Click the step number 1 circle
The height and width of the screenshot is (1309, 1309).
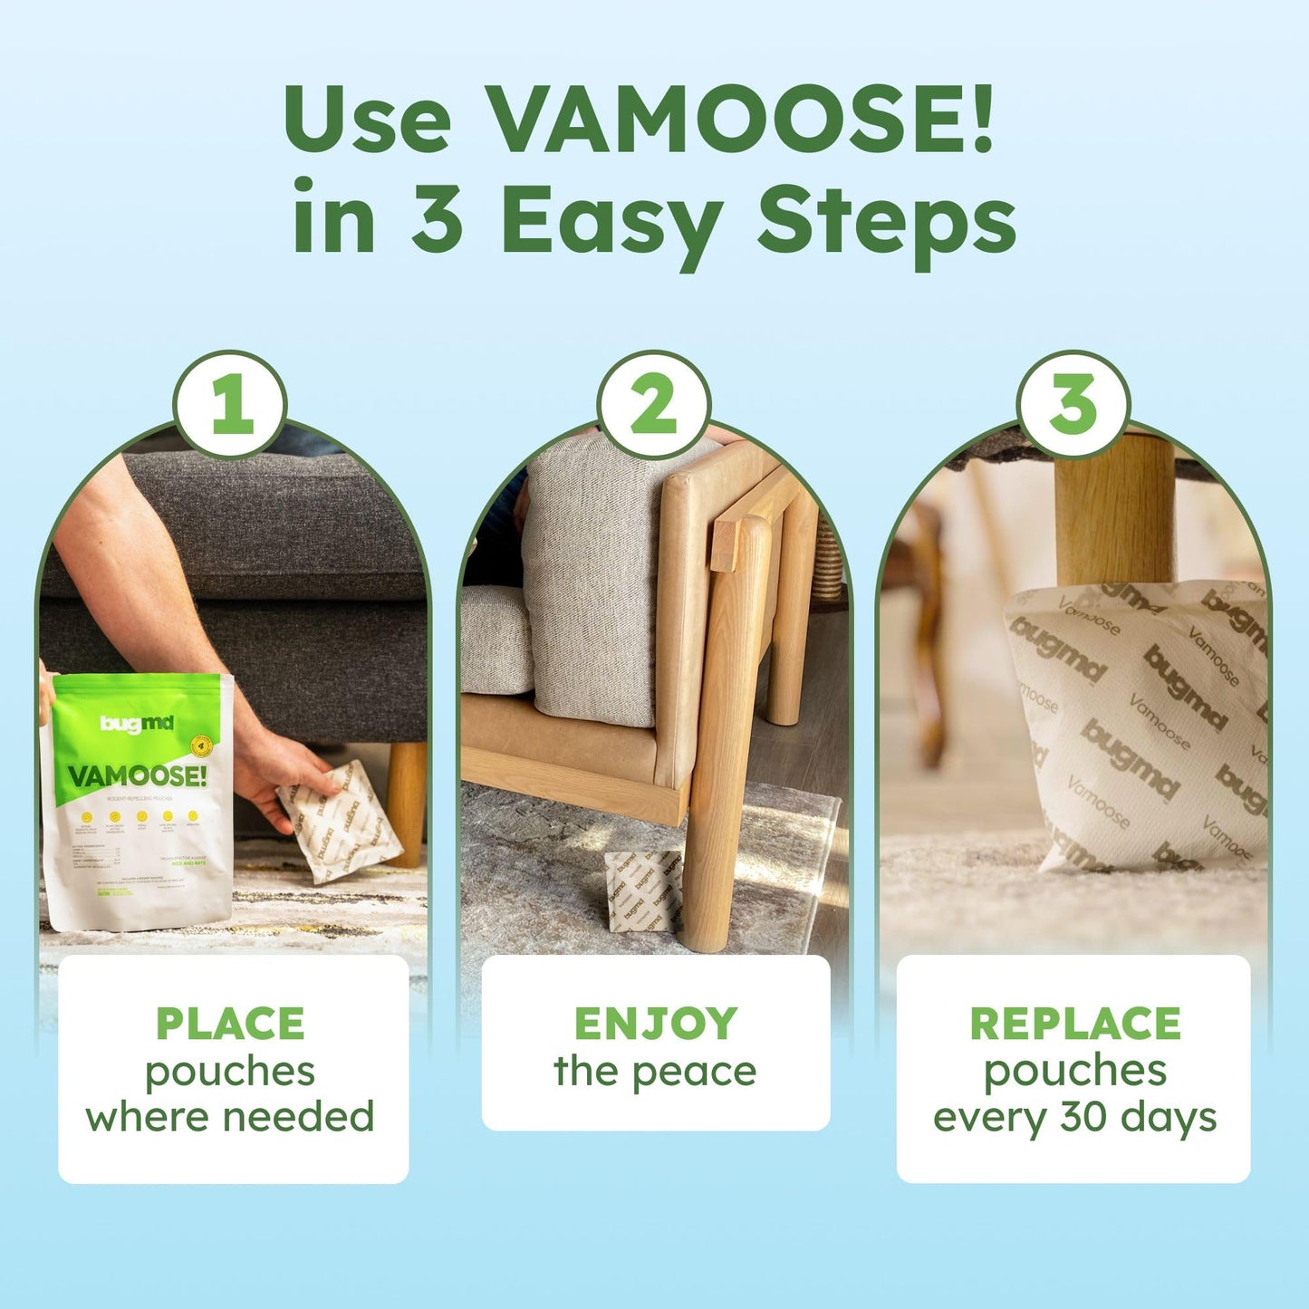[x=231, y=405]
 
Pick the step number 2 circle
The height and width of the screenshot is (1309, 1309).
[x=654, y=405]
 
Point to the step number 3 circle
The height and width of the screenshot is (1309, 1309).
[x=1073, y=405]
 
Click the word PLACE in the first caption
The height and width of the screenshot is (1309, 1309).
[x=230, y=1024]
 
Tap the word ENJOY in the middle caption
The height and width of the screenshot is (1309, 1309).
[x=655, y=1024]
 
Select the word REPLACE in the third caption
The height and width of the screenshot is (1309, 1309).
[x=1074, y=1024]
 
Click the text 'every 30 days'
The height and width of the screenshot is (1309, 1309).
[x=1074, y=1117]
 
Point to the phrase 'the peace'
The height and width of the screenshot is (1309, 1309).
[x=655, y=1072]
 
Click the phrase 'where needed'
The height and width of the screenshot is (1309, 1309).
[x=230, y=1117]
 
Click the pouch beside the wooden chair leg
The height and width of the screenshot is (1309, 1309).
[x=642, y=891]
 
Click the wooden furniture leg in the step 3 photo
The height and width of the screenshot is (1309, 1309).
[x=1113, y=512]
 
